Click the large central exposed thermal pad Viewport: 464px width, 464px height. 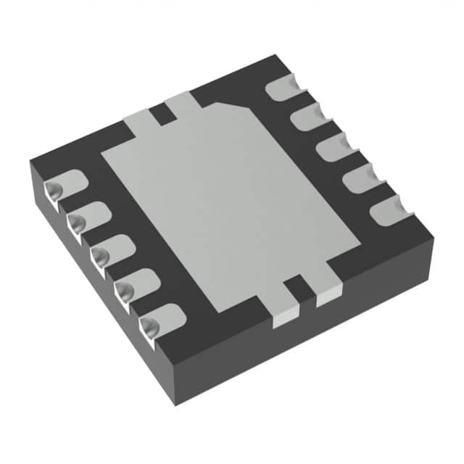tap(231, 203)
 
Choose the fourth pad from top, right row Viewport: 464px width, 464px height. tap(360, 178)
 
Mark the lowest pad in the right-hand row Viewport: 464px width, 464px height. tap(389, 210)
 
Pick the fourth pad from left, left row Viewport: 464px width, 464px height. tap(138, 283)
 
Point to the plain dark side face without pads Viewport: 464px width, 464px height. tap(304, 341)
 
